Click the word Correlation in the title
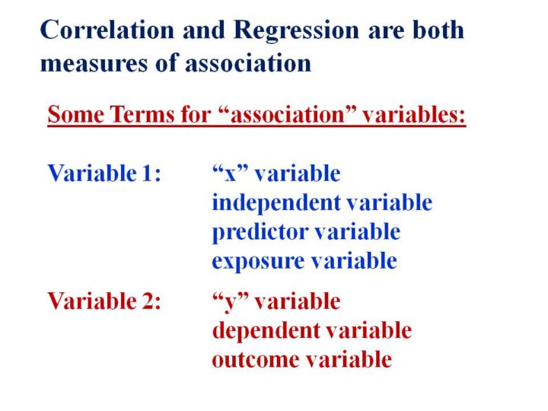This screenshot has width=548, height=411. [x=107, y=30]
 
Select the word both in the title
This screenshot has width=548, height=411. [x=438, y=30]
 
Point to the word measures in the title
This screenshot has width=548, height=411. [x=94, y=64]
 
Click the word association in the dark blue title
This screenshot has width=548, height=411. [x=248, y=63]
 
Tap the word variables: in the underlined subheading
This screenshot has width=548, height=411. [x=414, y=113]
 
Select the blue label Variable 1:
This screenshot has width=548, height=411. [x=104, y=173]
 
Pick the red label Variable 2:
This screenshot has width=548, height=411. [x=104, y=301]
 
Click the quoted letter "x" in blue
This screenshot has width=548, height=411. [x=230, y=173]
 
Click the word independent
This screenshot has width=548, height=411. [x=276, y=203]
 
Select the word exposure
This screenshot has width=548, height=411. [x=258, y=262]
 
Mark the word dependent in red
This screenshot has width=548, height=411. [x=266, y=331]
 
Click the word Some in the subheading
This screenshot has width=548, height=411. [x=76, y=114]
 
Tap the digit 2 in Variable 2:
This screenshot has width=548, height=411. [x=147, y=301]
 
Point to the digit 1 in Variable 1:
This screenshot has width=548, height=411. [x=147, y=173]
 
